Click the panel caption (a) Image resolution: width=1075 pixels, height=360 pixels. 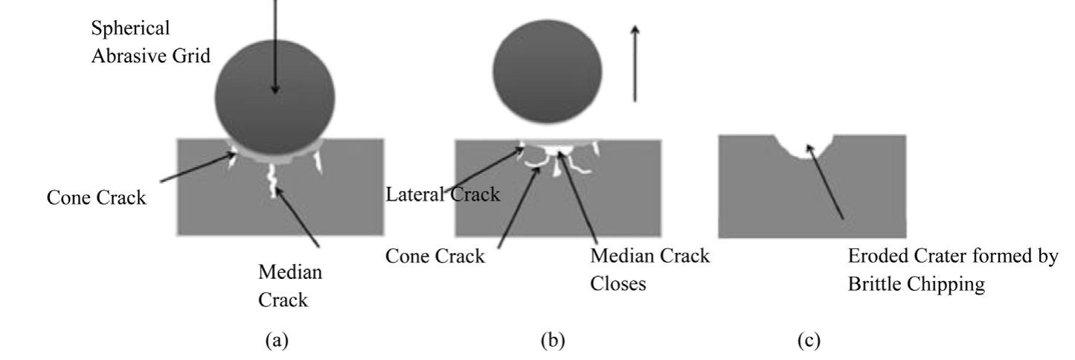275,341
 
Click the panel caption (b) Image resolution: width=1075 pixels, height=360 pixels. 552,341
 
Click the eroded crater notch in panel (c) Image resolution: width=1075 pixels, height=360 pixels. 806,147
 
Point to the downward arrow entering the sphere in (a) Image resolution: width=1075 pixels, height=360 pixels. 275,45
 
